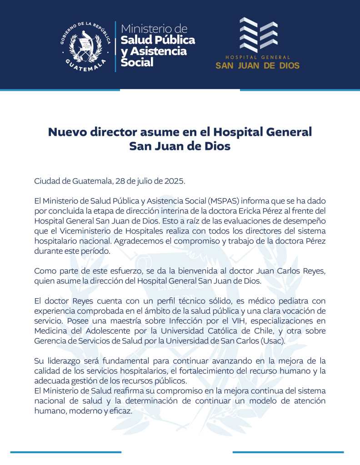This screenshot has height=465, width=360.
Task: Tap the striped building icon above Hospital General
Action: [x=258, y=35]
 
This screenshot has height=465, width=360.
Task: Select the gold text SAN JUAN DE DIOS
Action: [x=257, y=65]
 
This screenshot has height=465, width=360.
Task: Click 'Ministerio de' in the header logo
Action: [x=154, y=28]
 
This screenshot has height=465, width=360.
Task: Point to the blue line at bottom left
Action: [x=66, y=452]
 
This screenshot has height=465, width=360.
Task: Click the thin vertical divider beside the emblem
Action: [x=115, y=46]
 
